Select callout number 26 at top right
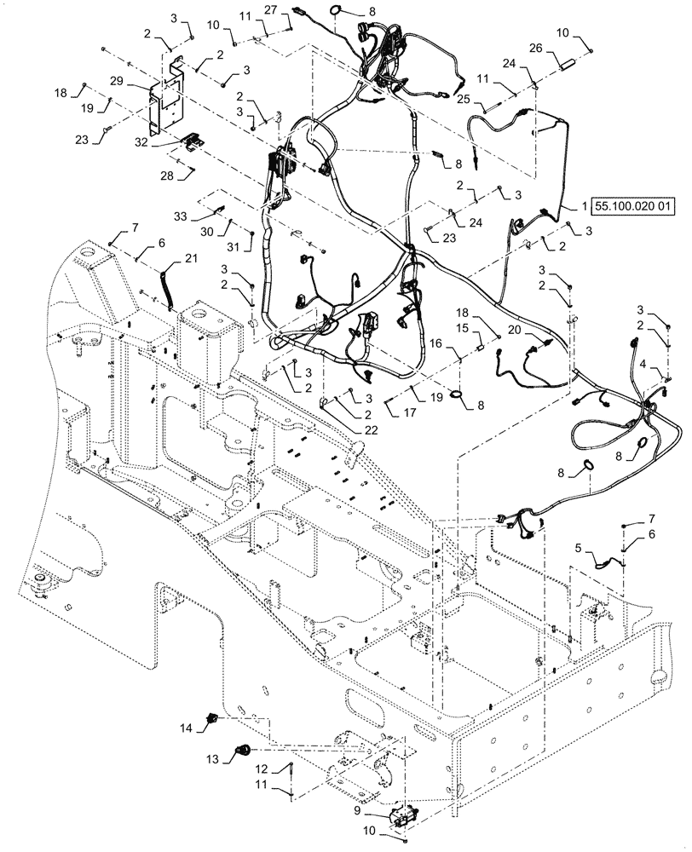coord(560,49)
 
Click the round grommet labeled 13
coord(242,751)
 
